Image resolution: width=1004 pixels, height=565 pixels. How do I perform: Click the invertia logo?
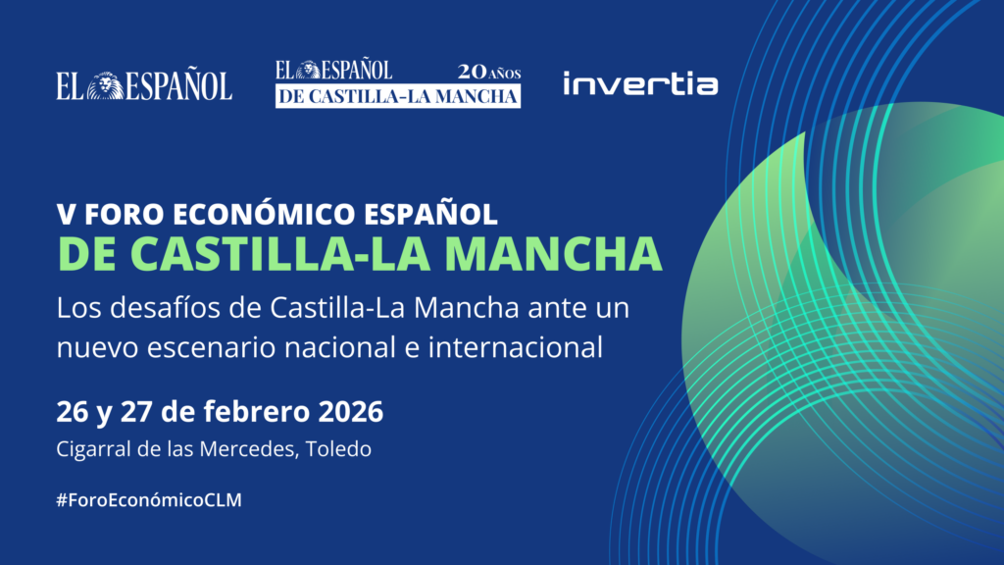[x=640, y=84]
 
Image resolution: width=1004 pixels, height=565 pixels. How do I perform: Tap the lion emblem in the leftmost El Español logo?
[x=106, y=87]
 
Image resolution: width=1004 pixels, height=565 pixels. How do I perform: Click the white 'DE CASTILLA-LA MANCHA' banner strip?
[x=398, y=96]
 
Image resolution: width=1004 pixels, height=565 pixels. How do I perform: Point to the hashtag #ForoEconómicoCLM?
[x=149, y=499]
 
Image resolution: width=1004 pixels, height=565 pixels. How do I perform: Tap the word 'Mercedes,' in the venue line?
[x=259, y=449]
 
